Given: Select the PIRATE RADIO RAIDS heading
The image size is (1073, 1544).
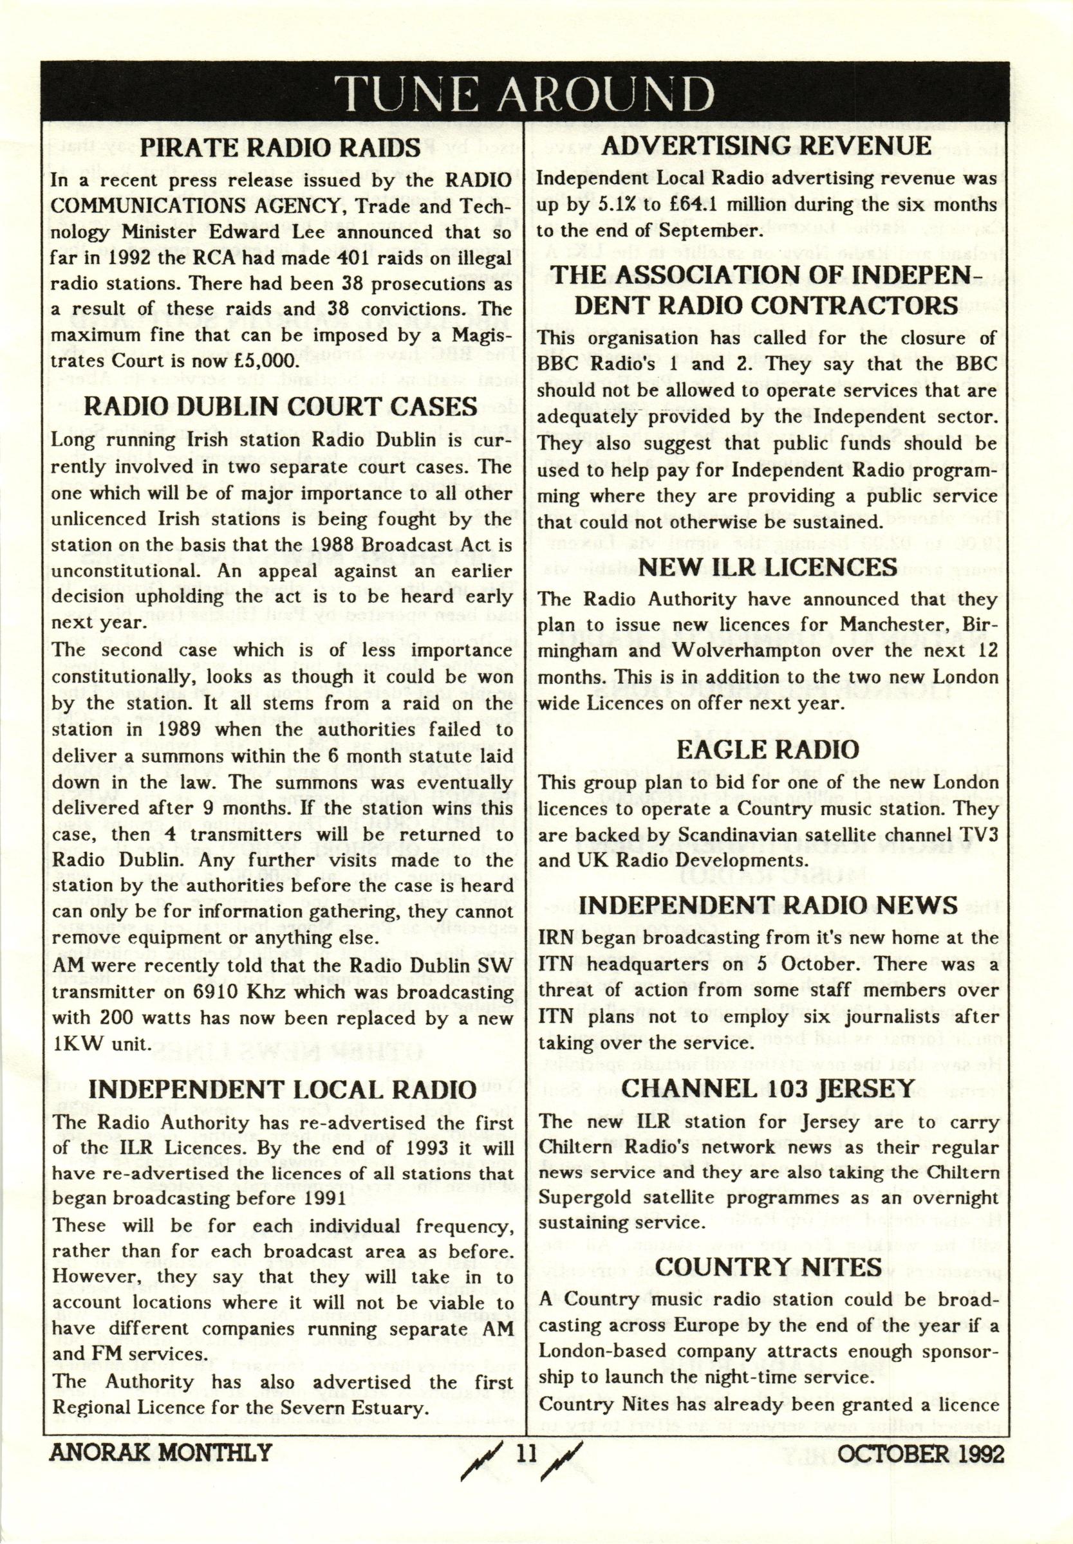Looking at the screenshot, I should pos(283,149).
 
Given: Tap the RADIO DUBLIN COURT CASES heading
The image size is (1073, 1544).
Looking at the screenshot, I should pos(283,407).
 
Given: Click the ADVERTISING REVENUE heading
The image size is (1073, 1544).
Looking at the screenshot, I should pos(767,147).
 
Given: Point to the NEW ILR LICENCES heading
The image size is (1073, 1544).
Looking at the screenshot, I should pos(767,567).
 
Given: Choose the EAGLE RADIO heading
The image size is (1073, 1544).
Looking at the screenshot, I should pos(767,750).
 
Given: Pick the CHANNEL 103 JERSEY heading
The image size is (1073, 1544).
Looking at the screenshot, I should pos(767,1089).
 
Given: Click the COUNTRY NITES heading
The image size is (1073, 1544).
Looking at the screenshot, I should pos(767,1267).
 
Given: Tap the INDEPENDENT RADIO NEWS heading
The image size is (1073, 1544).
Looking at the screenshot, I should pos(767,905).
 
